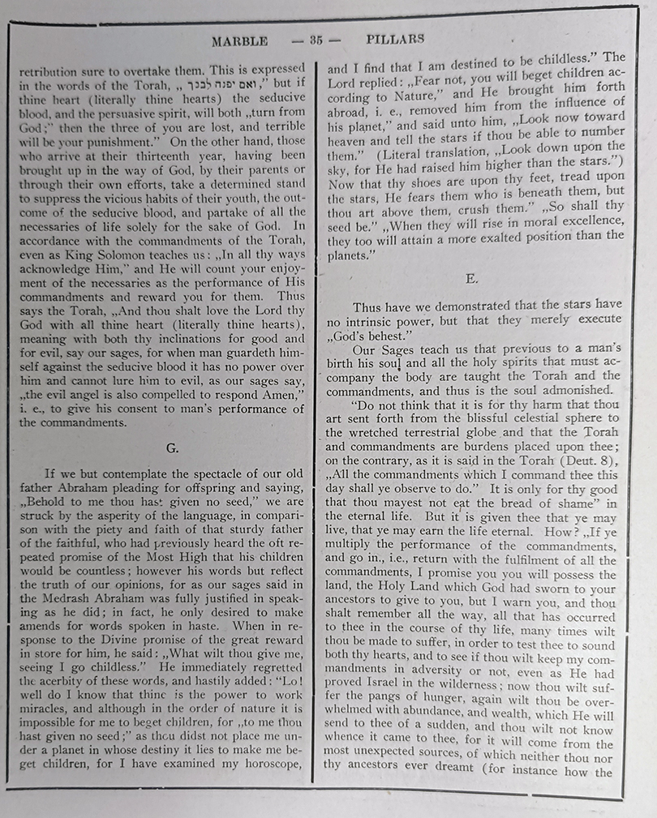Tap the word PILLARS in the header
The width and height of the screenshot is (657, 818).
pyautogui.click(x=395, y=38)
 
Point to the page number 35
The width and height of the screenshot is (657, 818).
pyautogui.click(x=316, y=39)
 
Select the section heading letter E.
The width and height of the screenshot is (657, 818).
pyautogui.click(x=472, y=278)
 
